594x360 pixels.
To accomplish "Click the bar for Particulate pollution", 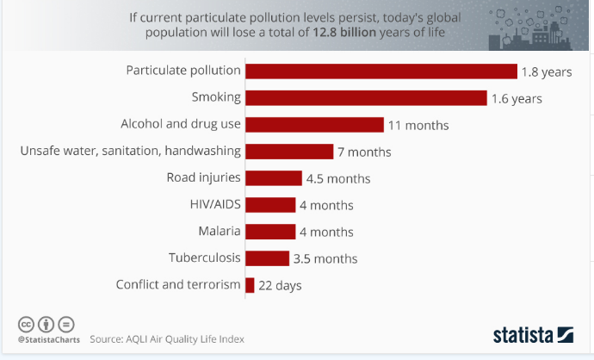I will coord(381,71).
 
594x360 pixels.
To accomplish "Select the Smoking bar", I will coord(366,98).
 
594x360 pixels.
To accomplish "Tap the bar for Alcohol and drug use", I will coord(314,125).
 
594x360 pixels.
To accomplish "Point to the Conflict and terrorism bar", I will coord(250,285).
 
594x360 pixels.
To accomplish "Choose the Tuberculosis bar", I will coord(267,258).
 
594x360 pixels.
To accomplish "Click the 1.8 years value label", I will coord(545,71).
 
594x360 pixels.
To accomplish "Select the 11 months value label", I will coord(418,125).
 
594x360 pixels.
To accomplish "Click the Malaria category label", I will coord(220,231).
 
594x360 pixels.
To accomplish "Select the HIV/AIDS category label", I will coord(215,204).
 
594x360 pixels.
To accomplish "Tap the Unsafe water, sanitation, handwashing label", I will coord(130,152).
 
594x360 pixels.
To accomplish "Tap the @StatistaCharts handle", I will coord(49,340).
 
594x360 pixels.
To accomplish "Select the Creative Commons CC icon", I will coord(27,324).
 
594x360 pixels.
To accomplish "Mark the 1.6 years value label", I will coord(517,98).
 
